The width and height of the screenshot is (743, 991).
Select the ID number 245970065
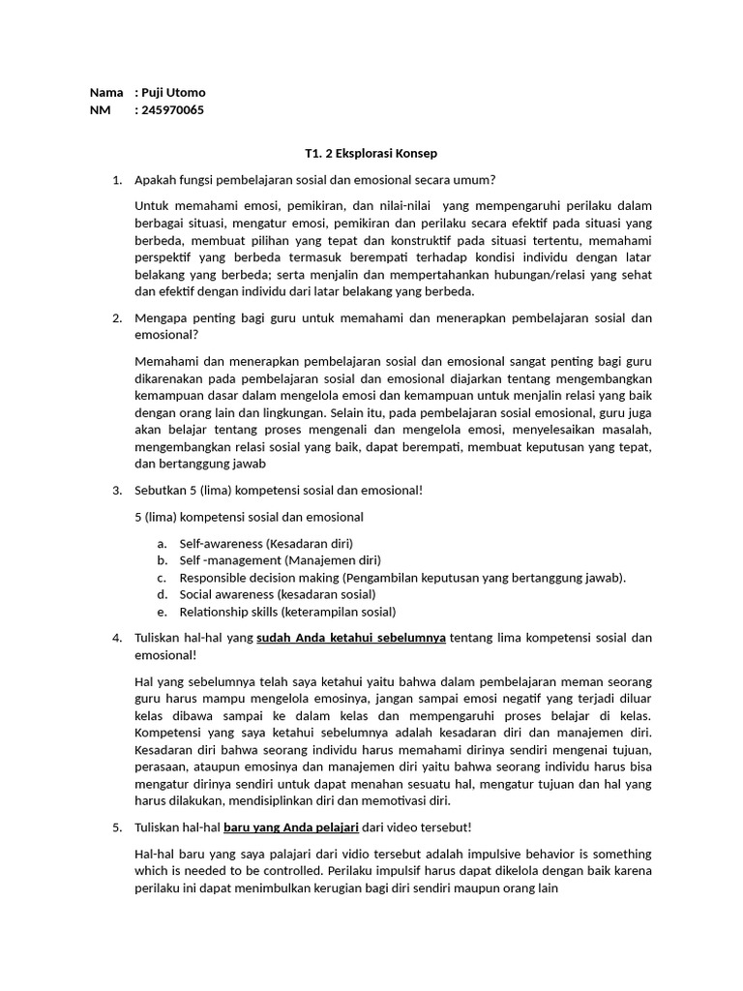coord(173,110)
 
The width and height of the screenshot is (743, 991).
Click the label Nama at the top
coord(106,93)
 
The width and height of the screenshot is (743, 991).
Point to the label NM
coord(100,110)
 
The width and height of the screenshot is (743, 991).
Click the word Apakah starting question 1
coord(157,180)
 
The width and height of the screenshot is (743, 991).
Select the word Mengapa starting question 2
coord(162,318)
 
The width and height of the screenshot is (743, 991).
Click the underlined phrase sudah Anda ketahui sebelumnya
coord(350,638)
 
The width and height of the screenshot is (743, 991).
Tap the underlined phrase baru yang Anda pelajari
coord(291,827)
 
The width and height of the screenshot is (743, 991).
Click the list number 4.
coord(116,638)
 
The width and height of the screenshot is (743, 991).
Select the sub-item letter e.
coord(161,612)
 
